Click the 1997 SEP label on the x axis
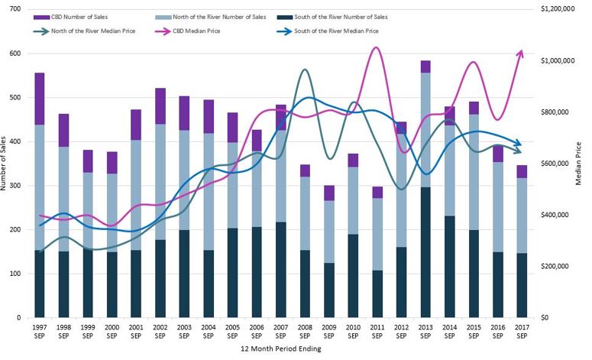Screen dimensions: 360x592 [40, 331]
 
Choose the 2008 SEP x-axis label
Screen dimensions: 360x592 [305, 331]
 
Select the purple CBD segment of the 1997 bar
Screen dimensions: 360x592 [40, 99]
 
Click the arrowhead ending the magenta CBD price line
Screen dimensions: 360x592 [522, 52]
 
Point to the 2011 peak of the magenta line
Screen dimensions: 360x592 [376, 47]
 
